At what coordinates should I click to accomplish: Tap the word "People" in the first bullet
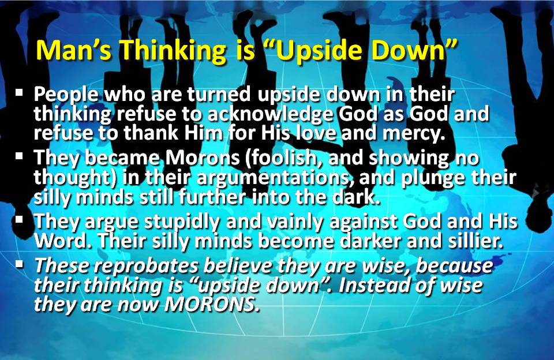(x=66, y=95)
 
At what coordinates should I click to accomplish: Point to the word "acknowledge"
(x=270, y=114)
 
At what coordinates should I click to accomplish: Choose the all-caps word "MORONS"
(x=212, y=305)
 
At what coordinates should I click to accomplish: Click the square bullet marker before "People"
(x=20, y=93)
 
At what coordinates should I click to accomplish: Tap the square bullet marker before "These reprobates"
(x=20, y=264)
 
